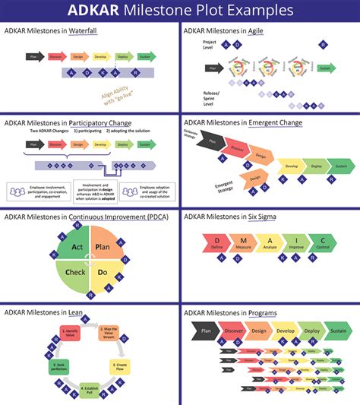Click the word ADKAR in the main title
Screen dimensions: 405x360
click(x=118, y=11)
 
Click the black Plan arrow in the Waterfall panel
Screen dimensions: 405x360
click(x=34, y=56)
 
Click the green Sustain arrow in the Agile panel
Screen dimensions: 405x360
click(x=325, y=68)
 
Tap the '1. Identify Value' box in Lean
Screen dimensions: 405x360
click(x=71, y=334)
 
